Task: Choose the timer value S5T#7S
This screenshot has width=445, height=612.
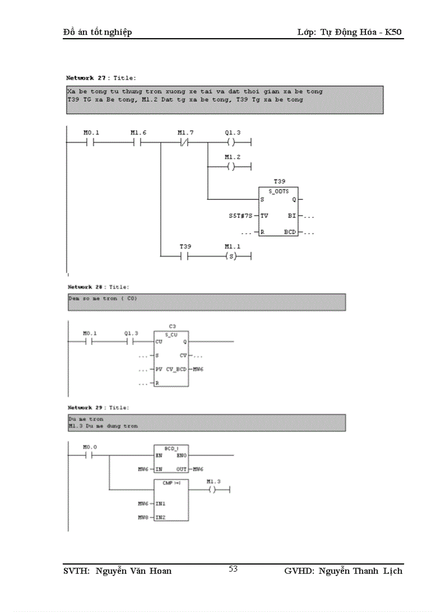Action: [x=240, y=216]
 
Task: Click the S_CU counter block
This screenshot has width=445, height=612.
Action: [x=171, y=358]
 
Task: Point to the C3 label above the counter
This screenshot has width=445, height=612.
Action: [x=172, y=326]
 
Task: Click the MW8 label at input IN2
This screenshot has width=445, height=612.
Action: [x=143, y=517]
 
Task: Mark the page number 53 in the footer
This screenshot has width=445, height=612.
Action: [x=233, y=569]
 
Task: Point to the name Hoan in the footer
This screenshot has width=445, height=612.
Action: [x=160, y=571]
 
